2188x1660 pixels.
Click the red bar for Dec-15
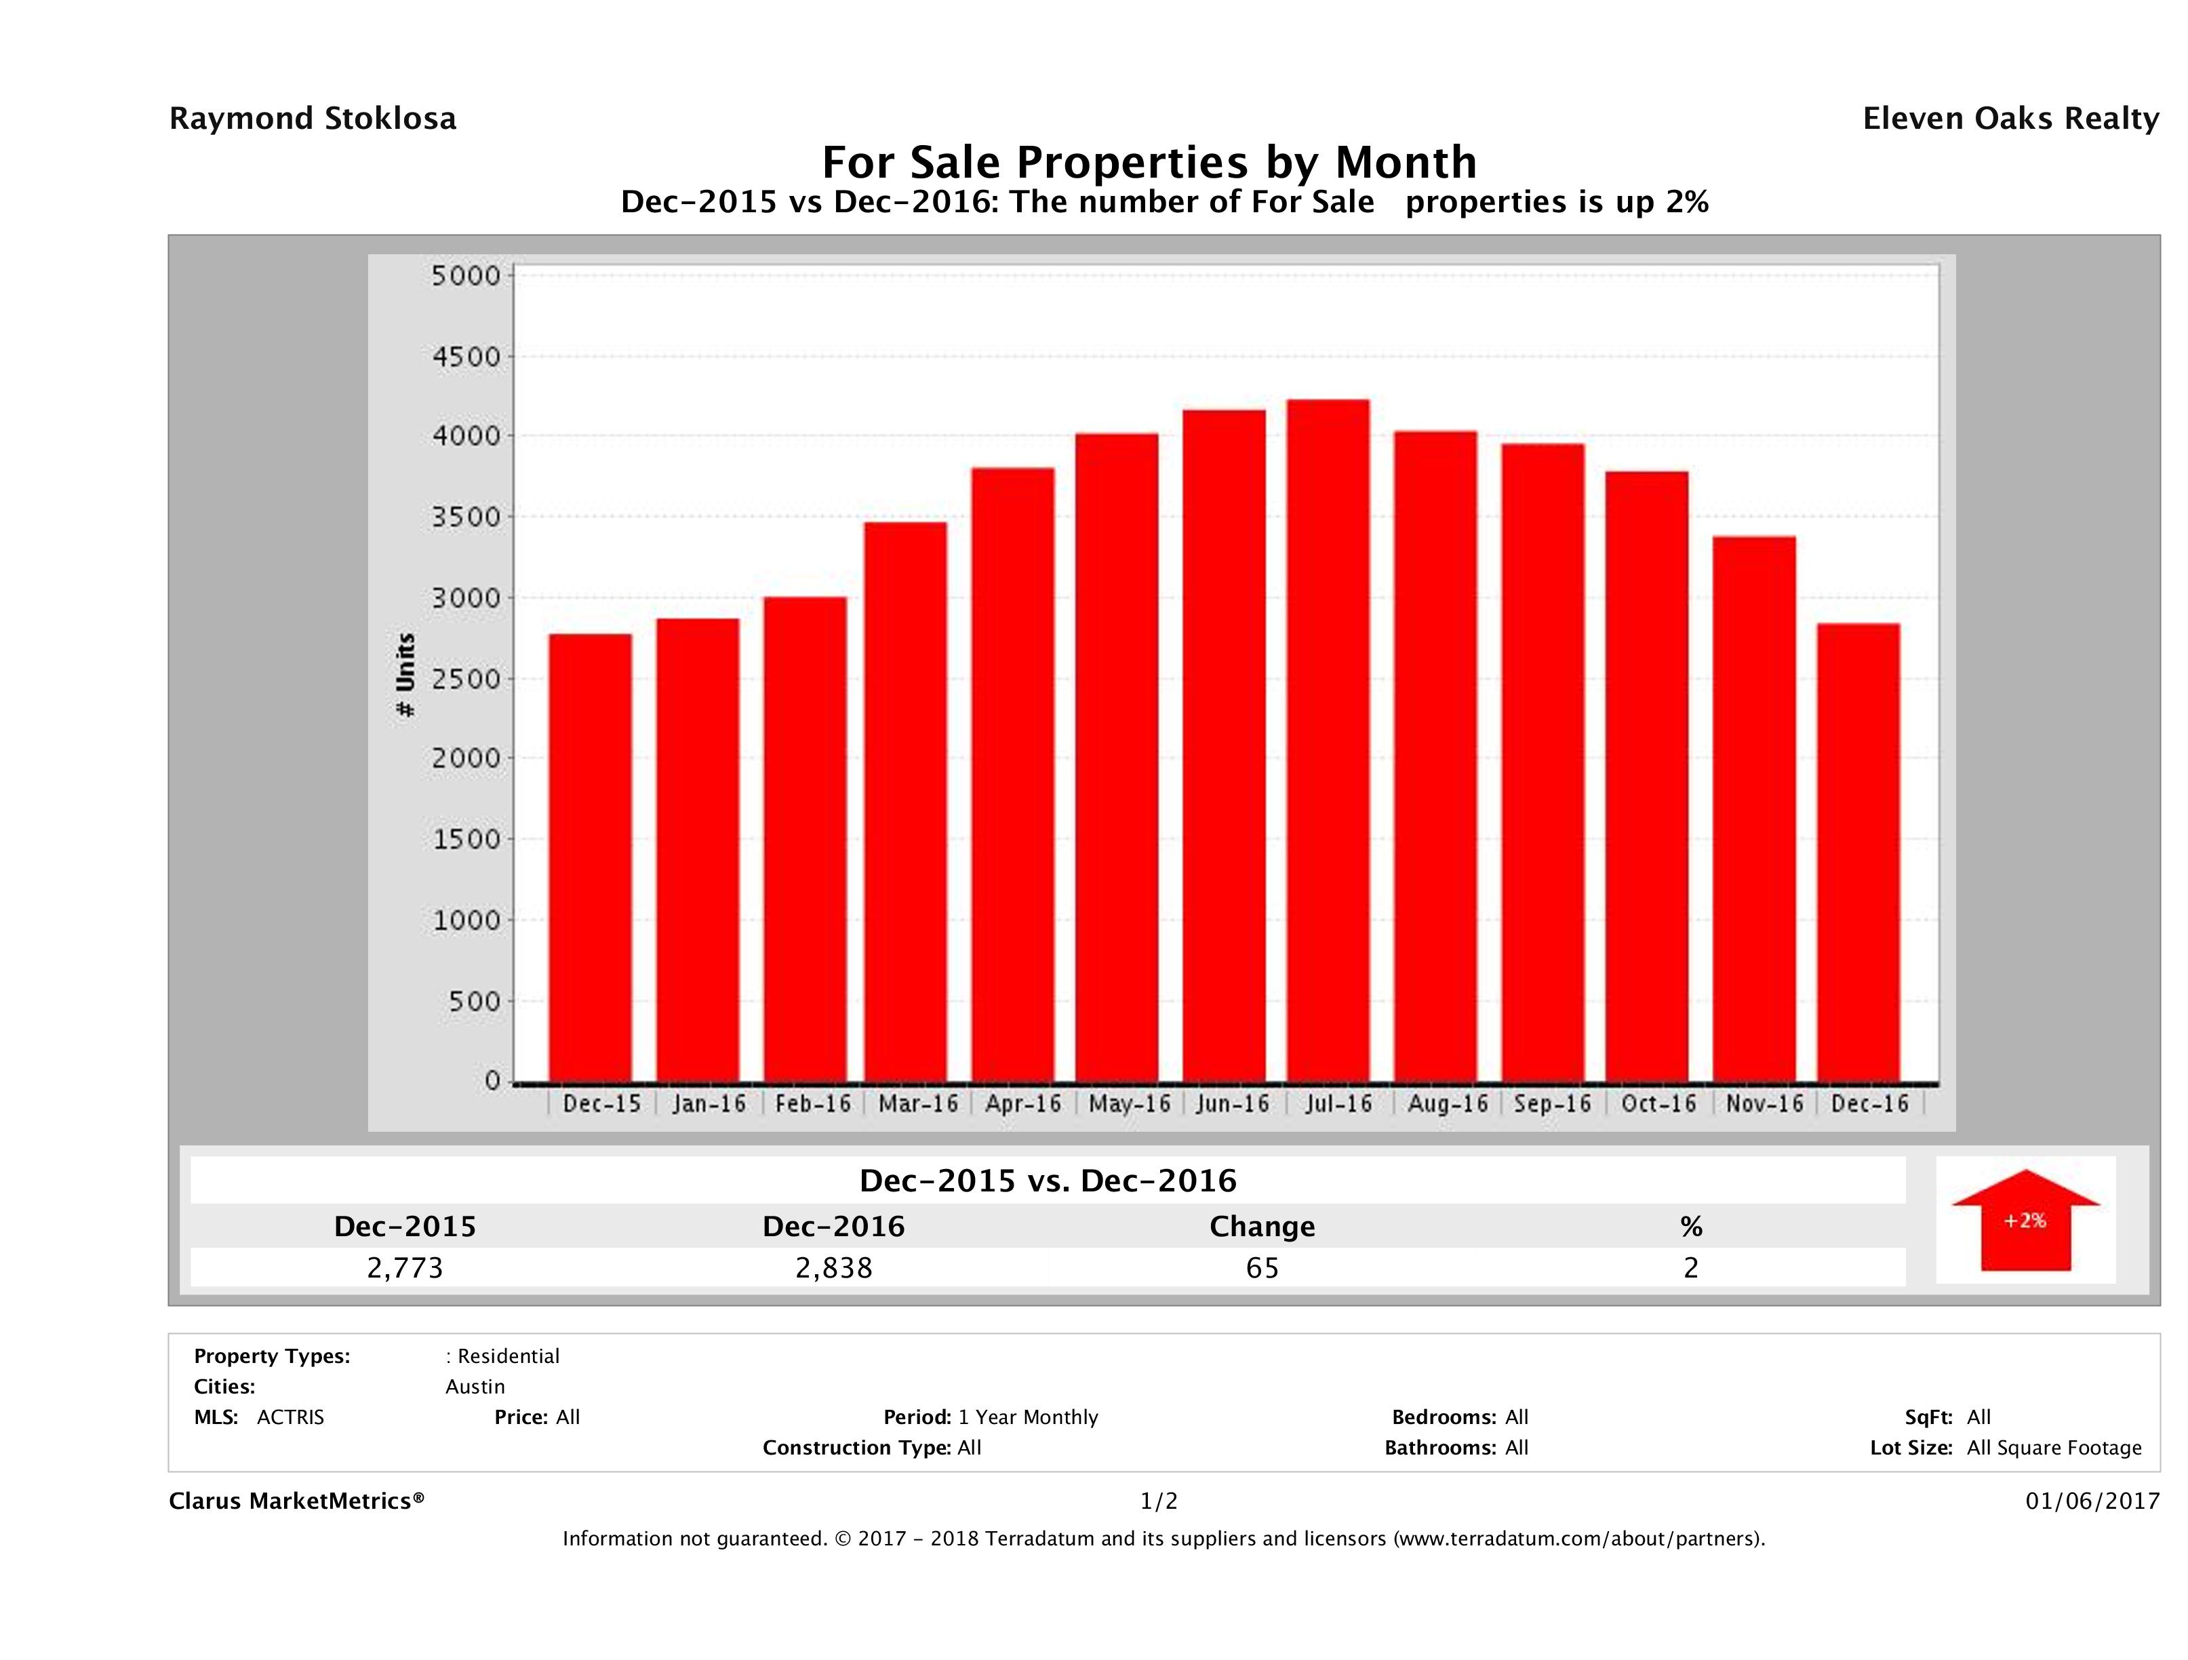point(591,858)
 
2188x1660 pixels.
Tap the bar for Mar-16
point(905,802)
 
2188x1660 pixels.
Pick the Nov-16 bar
point(1755,808)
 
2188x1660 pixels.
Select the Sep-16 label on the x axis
point(1553,1104)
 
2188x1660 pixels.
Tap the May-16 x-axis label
point(1129,1104)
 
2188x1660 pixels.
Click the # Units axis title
point(405,675)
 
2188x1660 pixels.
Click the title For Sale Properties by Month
point(1149,161)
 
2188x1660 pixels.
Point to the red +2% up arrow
point(2025,1220)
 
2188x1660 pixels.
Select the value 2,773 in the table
point(405,1267)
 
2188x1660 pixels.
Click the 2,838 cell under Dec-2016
point(834,1267)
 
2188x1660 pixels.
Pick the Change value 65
point(1262,1267)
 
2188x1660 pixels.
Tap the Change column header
point(1262,1227)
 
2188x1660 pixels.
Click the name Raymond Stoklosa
point(313,119)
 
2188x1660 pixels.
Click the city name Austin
point(475,1387)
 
